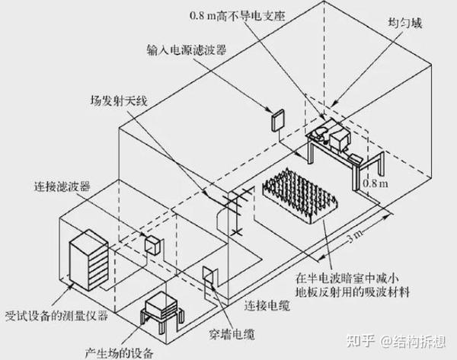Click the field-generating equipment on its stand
pos(163,309)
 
